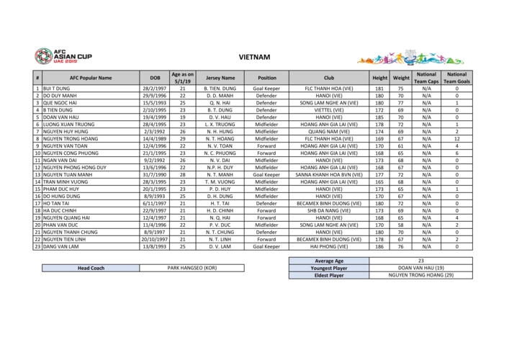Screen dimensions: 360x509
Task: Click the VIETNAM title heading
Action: tap(254, 56)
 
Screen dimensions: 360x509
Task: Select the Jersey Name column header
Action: tap(220, 78)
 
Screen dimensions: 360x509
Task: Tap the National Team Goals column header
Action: tap(456, 78)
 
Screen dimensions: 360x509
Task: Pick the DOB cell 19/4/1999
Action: tap(155, 117)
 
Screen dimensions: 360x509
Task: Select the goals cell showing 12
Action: tap(456, 138)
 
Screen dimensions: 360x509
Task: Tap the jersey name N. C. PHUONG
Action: tap(220, 153)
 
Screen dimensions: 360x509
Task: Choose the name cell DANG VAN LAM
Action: tap(61, 246)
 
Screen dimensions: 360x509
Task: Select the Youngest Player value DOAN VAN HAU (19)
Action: tap(420, 268)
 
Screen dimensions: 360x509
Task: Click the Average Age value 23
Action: tap(420, 261)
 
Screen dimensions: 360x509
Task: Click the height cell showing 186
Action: tap(379, 246)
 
